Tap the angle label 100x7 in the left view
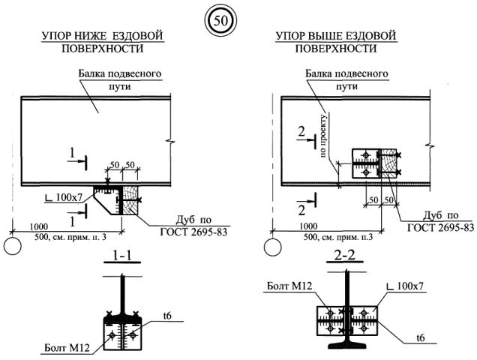tap(70, 197)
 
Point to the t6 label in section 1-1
tap(168, 319)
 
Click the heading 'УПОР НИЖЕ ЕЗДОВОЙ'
tap(103, 35)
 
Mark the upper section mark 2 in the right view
tap(301, 132)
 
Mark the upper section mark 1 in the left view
tap(70, 153)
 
